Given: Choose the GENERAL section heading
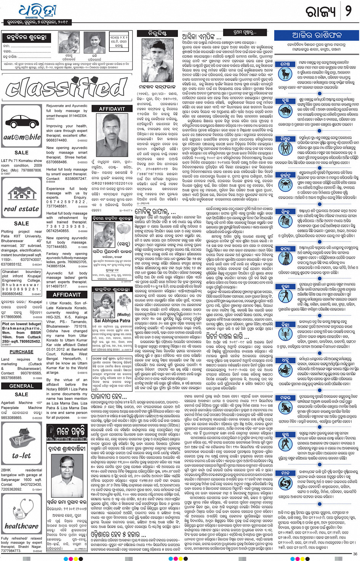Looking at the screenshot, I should pyautogui.click(x=21, y=386).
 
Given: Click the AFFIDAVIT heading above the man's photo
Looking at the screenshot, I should pyautogui.click(x=112, y=109).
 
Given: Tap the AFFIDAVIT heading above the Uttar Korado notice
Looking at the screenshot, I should pyautogui.click(x=67, y=295).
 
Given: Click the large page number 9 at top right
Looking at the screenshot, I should pyautogui.click(x=348, y=11).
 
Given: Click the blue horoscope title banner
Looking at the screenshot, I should pyautogui.click(x=317, y=35).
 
